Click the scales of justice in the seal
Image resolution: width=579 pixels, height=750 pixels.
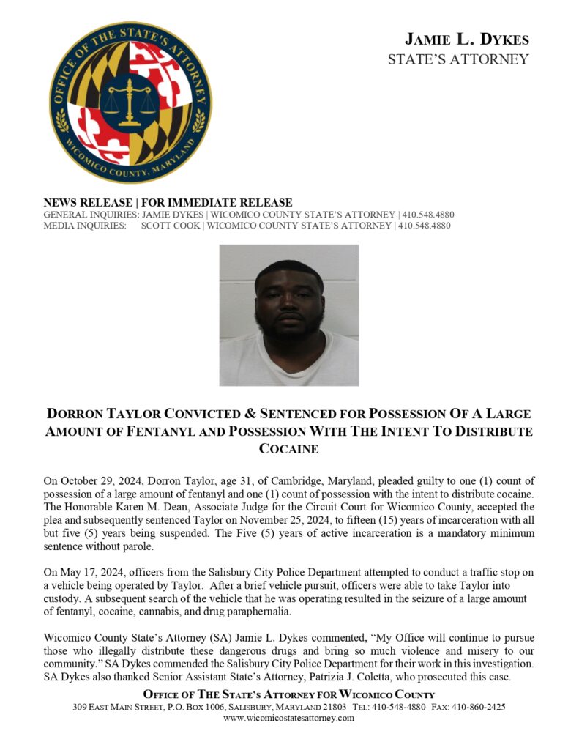[130, 103]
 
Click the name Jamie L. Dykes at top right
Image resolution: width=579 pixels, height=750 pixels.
[467, 40]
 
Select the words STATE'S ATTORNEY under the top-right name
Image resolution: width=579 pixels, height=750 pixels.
[458, 59]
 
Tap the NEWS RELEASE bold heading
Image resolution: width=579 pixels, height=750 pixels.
[168, 203]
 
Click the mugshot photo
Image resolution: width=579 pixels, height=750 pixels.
[289, 315]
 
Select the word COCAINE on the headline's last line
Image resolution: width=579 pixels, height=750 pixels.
[289, 448]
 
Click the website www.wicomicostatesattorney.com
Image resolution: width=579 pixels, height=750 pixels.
[289, 718]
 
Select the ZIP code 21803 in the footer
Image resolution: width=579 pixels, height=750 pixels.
[334, 707]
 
